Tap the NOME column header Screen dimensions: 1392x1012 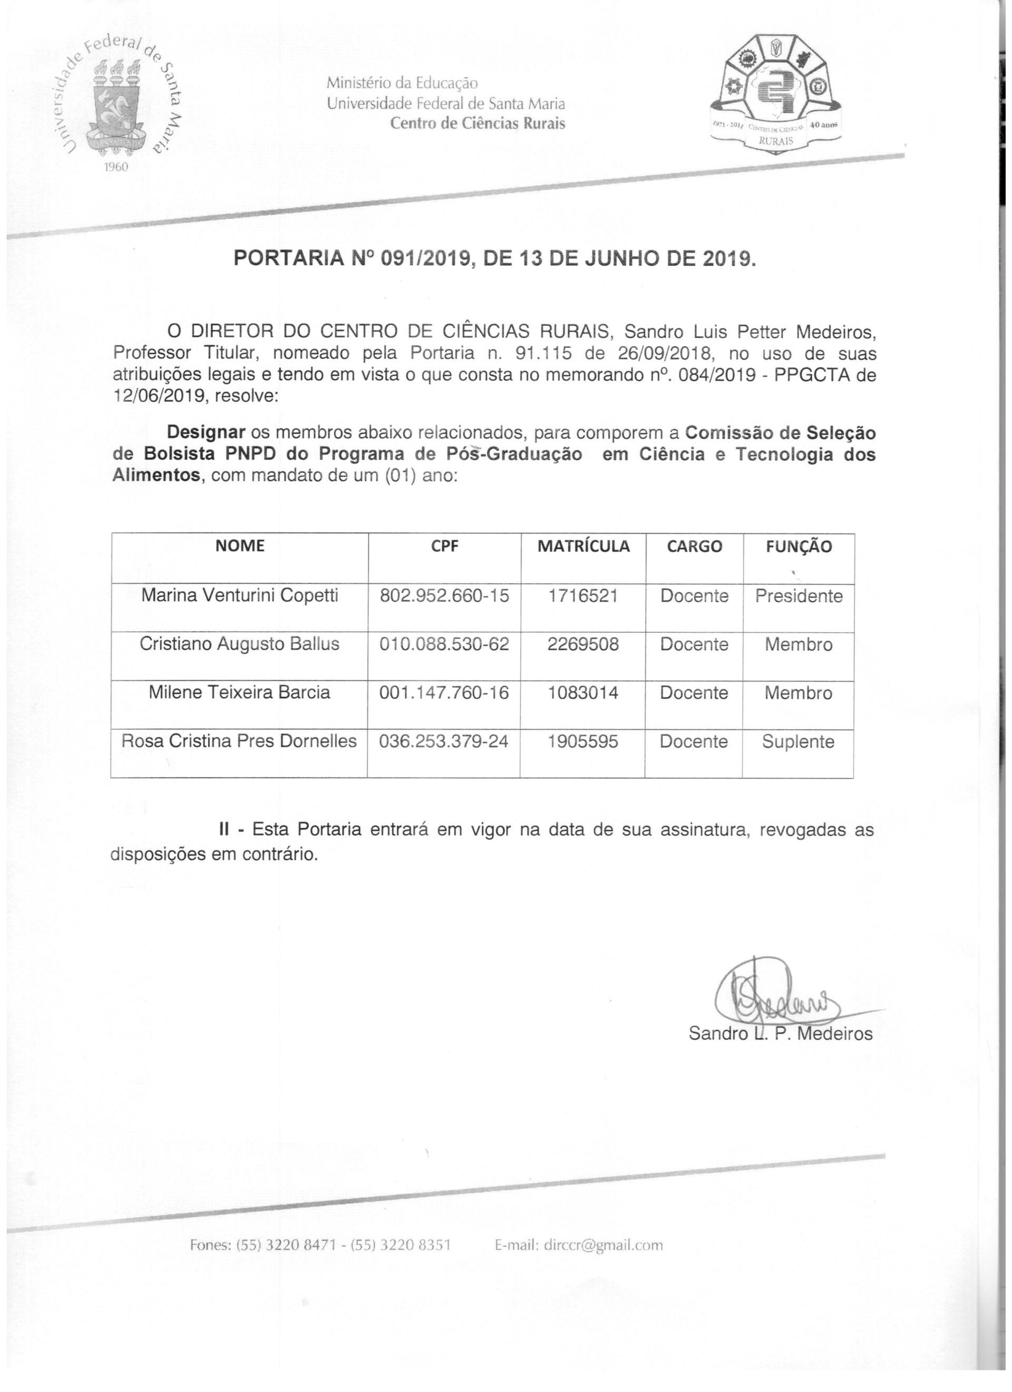click(x=240, y=545)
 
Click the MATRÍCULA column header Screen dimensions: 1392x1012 click(x=583, y=546)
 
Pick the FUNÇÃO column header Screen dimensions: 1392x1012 click(x=799, y=546)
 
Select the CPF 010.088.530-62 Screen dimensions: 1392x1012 click(x=444, y=644)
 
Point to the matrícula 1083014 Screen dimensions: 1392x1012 click(x=583, y=693)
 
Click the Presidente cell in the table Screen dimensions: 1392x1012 click(x=799, y=596)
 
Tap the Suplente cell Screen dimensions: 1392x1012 click(x=798, y=742)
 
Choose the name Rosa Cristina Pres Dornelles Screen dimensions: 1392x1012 click(x=239, y=741)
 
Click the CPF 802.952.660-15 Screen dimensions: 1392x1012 click(x=444, y=596)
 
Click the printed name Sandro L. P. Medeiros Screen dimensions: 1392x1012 click(x=780, y=1034)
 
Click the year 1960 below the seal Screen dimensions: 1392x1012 click(x=115, y=168)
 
